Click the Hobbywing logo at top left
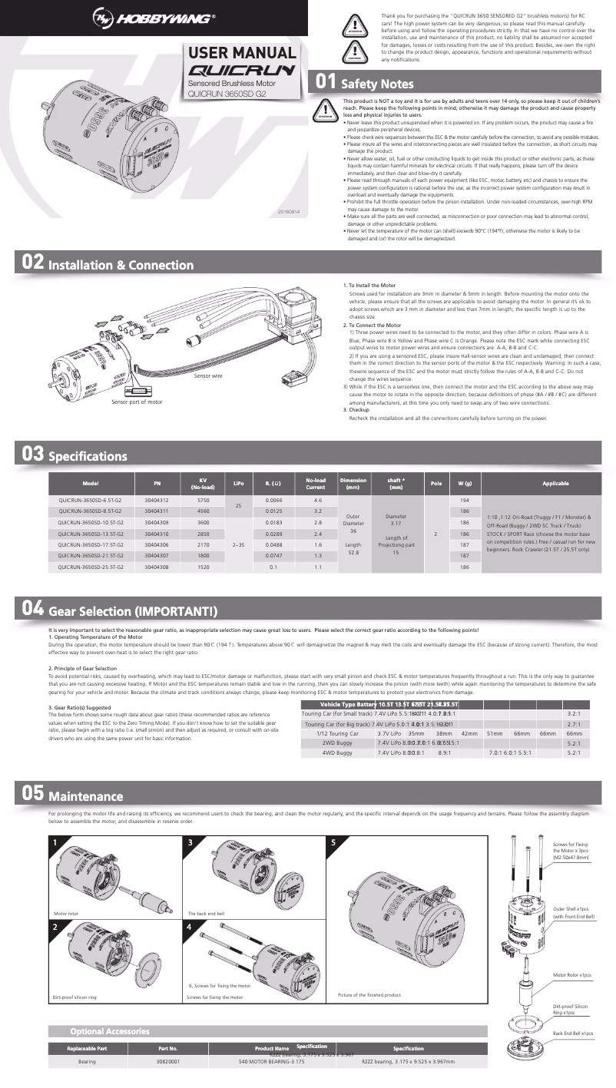[154, 18]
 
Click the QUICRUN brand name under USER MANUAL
[241, 71]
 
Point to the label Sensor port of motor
[137, 402]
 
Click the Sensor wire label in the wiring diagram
[208, 375]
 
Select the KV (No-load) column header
[204, 484]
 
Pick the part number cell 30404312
[157, 500]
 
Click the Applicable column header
[545, 484]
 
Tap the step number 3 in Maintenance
[190, 842]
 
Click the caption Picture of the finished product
[369, 994]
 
